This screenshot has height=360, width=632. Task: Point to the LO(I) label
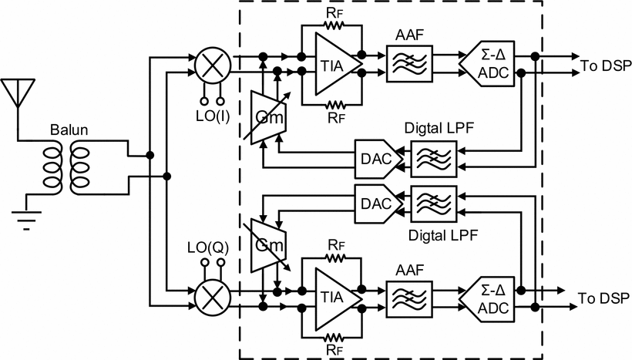click(213, 116)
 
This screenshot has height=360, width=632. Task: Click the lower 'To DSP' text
click(602, 299)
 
